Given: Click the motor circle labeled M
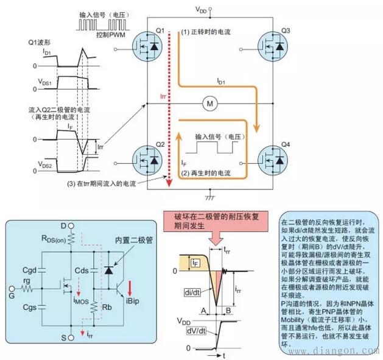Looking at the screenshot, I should tap(209, 104).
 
